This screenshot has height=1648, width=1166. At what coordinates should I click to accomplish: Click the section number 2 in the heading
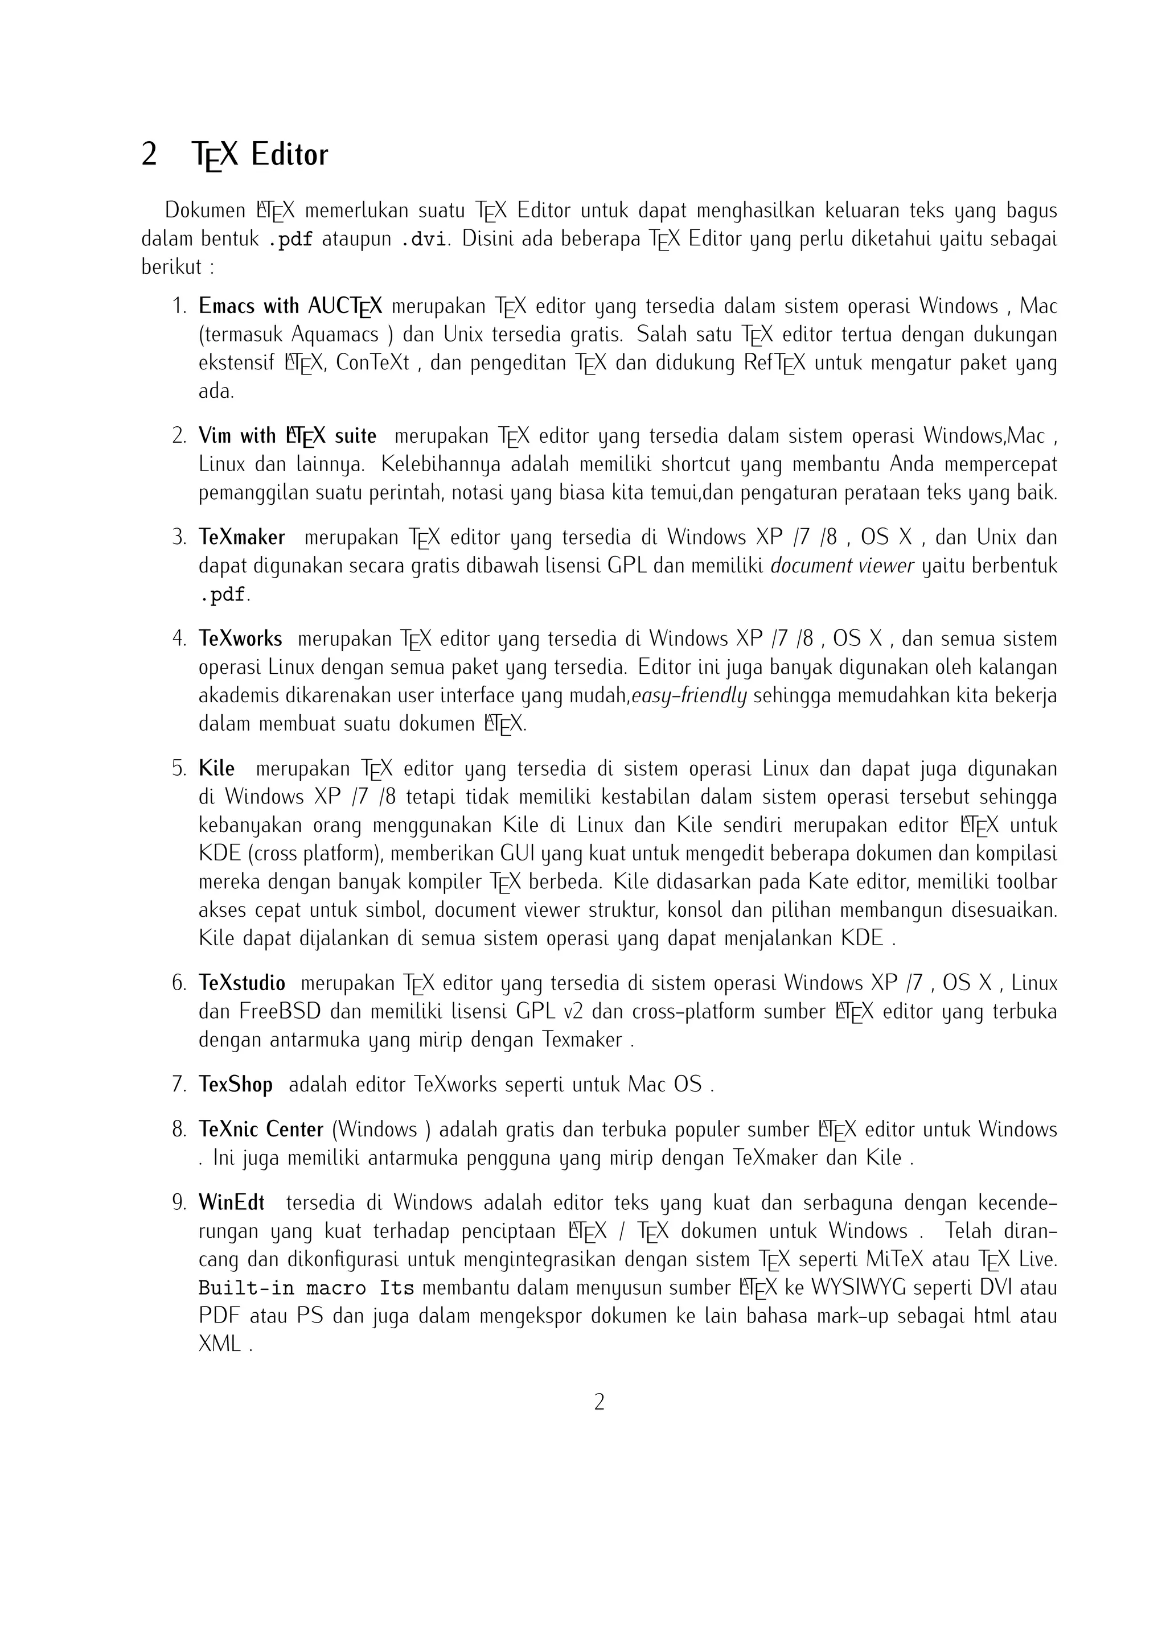[149, 155]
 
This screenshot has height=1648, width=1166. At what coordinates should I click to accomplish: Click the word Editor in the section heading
[289, 155]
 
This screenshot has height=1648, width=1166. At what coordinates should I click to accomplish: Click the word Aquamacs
[335, 335]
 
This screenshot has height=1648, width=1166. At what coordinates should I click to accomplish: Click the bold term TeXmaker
[242, 538]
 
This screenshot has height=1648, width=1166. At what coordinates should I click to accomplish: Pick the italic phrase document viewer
[841, 566]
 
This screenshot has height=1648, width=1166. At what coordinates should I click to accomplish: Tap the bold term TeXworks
[240, 639]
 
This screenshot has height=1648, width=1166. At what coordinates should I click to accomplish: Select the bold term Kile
[217, 769]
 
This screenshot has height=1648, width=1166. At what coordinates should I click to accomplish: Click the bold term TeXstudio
[242, 983]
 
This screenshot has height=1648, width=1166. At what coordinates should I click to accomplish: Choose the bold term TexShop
[236, 1085]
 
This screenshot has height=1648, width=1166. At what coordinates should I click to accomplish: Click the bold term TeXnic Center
[261, 1130]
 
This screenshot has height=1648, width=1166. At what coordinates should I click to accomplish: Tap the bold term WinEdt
[232, 1202]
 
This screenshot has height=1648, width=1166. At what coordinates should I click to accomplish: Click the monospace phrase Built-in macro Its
[306, 1288]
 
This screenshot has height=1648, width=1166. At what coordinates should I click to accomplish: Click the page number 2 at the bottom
[600, 1402]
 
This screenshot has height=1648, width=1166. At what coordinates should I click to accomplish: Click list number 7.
[179, 1085]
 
